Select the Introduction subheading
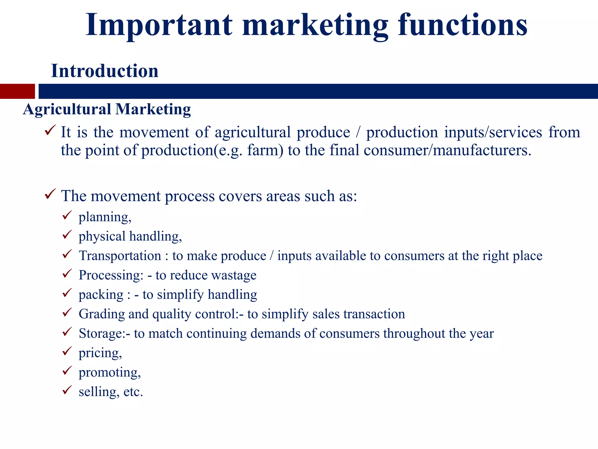point(105,71)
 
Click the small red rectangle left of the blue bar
point(17,91)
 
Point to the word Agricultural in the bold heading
point(67,109)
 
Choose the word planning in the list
point(105,217)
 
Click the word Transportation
point(120,256)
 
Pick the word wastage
point(234,275)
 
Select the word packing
point(101,295)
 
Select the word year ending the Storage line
point(481,334)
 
